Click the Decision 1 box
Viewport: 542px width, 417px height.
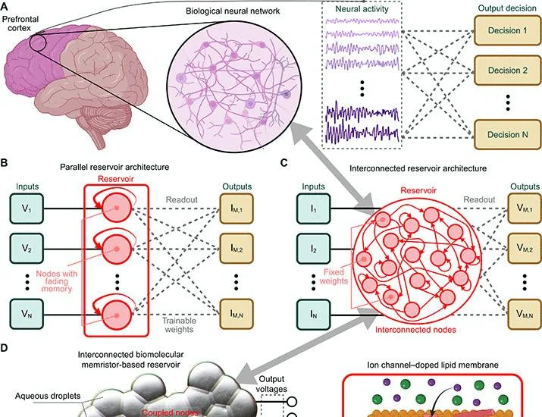[507, 30]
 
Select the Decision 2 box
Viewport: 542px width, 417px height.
[507, 71]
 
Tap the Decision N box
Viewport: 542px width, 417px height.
[507, 134]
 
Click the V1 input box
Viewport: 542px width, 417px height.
[27, 208]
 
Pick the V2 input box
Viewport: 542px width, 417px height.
[27, 248]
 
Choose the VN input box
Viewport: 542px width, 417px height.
[27, 314]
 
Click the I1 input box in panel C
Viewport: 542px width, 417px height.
[314, 208]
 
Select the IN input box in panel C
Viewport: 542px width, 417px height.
[314, 315]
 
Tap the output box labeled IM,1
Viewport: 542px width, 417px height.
[237, 208]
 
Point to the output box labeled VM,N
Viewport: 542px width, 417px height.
[525, 315]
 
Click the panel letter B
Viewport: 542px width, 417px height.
[4, 162]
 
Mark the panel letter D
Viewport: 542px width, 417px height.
[4, 348]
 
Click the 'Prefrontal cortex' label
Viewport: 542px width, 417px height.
[20, 24]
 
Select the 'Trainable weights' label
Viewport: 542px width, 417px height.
[179, 325]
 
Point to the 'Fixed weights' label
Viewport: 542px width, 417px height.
[334, 276]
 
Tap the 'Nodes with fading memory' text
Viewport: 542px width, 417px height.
[57, 281]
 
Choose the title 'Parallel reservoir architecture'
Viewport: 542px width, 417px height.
[114, 167]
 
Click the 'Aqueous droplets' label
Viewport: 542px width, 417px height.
[48, 396]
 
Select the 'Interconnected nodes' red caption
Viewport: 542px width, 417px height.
[415, 330]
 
